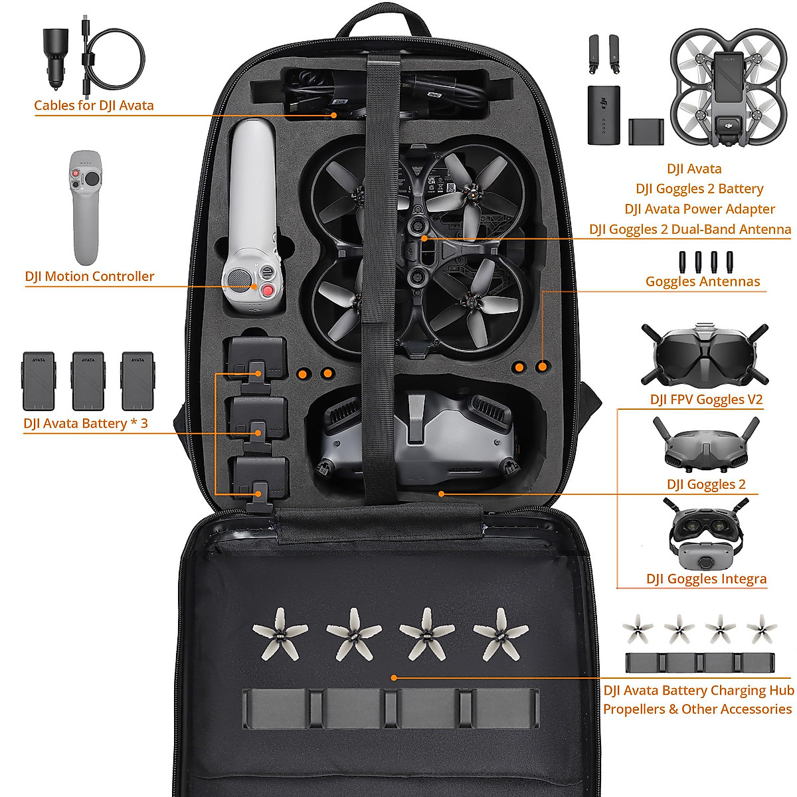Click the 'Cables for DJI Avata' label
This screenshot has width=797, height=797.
click(94, 105)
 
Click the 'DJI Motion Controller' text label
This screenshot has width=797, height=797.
click(90, 276)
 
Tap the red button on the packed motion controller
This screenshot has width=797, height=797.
click(268, 290)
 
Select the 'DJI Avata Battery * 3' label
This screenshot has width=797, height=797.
click(86, 423)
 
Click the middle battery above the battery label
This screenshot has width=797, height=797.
click(88, 381)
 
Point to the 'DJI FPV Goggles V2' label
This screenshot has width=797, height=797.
click(706, 399)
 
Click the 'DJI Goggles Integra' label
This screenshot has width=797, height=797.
click(706, 578)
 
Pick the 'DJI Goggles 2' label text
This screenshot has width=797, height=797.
click(706, 484)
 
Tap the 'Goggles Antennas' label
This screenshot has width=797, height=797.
click(703, 281)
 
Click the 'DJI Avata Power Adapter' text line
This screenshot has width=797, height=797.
click(699, 209)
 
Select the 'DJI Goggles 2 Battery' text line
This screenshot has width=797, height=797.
click(699, 189)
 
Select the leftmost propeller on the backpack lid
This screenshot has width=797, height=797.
click(280, 632)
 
